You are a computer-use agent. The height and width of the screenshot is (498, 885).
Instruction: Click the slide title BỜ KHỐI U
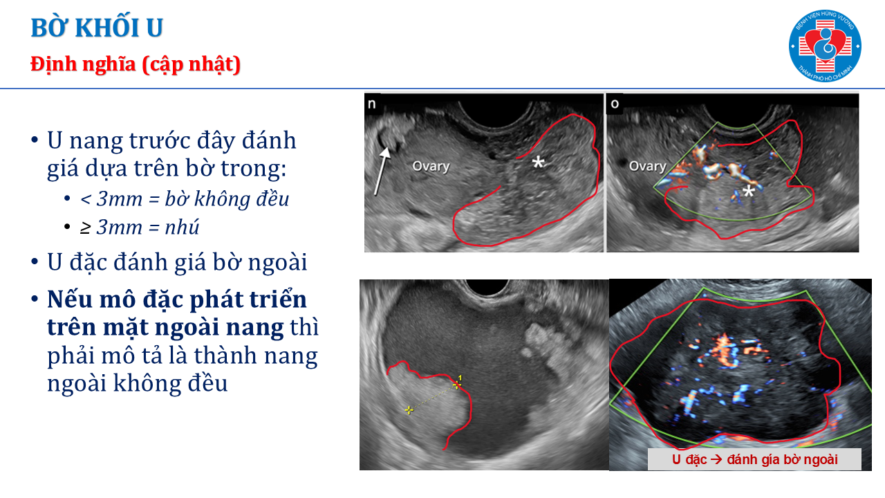97,28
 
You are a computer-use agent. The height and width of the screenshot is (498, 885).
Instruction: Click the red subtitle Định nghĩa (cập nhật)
136,64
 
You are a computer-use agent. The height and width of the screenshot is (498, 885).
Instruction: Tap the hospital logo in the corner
825,46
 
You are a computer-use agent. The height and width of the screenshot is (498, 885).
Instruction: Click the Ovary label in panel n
431,166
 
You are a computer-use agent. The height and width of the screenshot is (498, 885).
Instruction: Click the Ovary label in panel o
648,166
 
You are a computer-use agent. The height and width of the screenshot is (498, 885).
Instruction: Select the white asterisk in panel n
538,162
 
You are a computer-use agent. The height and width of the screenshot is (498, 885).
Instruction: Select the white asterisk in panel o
748,192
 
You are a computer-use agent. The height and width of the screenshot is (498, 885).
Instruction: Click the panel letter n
372,104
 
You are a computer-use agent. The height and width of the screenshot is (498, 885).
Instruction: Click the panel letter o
615,104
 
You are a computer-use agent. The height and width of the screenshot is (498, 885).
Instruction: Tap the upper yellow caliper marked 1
458,383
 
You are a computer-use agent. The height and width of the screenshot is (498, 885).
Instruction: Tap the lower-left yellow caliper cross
409,410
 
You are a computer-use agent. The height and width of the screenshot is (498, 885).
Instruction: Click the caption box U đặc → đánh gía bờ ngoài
754,459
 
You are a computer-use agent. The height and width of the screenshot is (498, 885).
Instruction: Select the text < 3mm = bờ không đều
185,199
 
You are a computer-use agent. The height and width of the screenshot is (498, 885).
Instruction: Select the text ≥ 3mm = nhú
140,228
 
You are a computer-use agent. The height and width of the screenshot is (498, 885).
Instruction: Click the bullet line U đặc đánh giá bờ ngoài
177,262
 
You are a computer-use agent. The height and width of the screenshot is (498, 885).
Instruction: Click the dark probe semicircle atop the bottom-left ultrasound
487,287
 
